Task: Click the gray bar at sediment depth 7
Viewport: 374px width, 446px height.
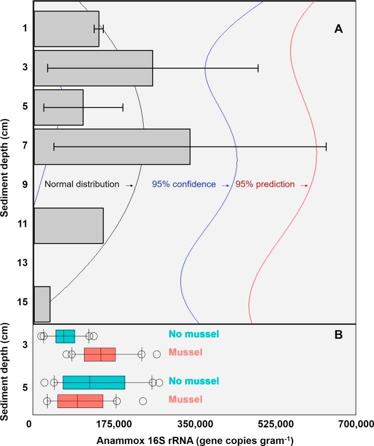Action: tap(112, 147)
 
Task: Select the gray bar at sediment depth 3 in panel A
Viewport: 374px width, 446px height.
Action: tap(93, 68)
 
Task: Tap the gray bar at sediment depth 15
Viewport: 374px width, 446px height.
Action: tap(42, 304)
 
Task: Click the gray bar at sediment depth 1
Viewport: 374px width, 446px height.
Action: tap(66, 29)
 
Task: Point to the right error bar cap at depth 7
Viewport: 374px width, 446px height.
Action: tap(326, 147)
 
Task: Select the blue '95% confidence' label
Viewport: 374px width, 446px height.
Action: tap(184, 184)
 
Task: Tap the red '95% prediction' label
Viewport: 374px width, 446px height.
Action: tap(265, 184)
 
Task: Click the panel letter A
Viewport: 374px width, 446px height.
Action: tap(338, 30)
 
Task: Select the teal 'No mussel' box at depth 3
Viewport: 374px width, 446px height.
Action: tap(65, 336)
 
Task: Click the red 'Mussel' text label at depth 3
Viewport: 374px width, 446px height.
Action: tap(186, 352)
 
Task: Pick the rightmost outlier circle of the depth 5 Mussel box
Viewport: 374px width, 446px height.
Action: tap(143, 401)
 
